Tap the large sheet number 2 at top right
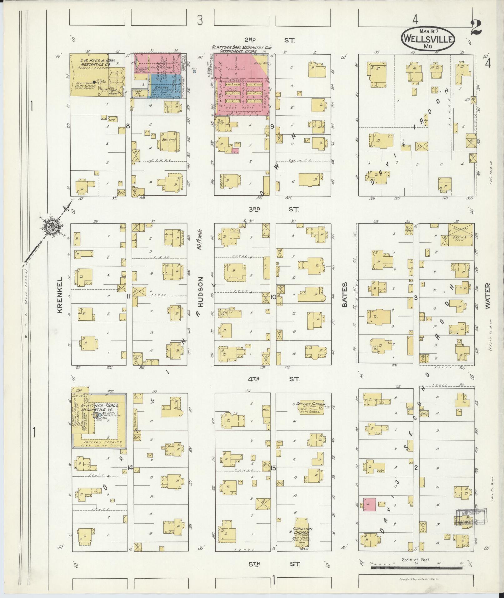476,28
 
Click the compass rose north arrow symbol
50,228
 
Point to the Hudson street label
200,292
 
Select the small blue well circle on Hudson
194,72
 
